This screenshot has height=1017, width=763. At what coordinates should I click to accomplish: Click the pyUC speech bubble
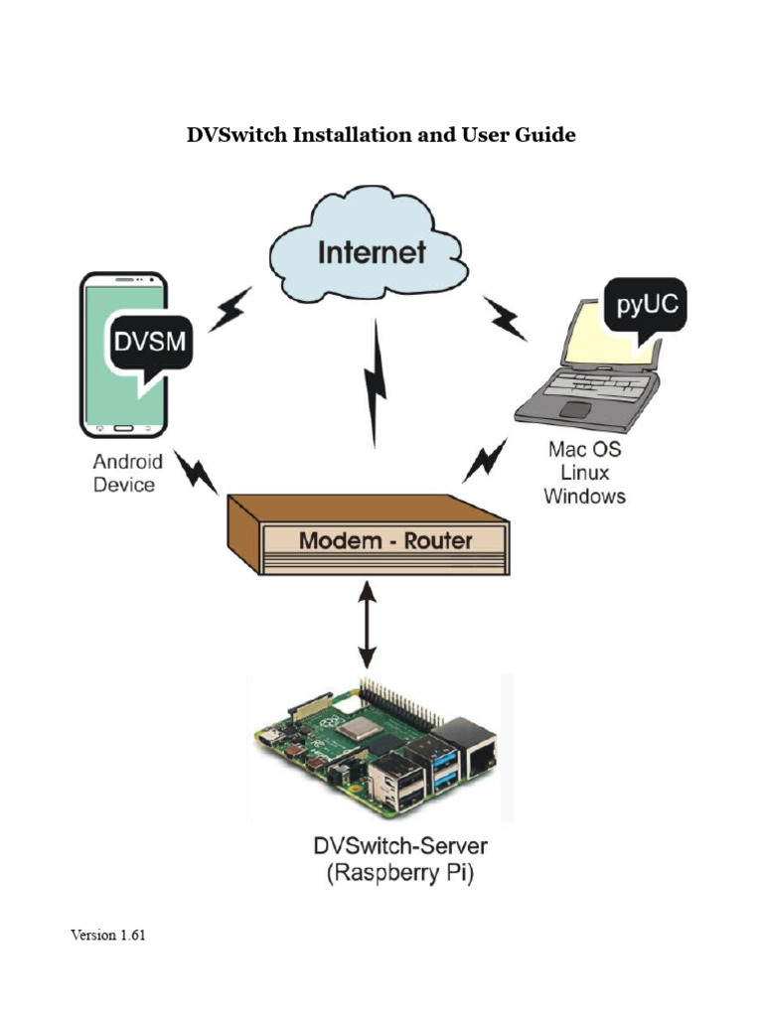click(x=646, y=307)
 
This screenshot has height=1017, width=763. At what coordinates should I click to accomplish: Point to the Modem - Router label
click(x=386, y=541)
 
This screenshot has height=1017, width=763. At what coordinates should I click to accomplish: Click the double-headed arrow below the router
click(x=368, y=626)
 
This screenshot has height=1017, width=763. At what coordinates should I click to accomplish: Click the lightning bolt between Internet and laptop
click(x=506, y=318)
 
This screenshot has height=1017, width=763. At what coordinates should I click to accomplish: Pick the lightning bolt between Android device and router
click(x=196, y=472)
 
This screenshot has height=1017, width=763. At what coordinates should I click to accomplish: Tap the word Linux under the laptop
click(x=584, y=473)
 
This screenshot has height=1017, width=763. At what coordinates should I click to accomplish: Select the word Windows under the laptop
click(x=584, y=496)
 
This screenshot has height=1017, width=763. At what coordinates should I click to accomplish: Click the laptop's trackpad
click(x=575, y=409)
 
